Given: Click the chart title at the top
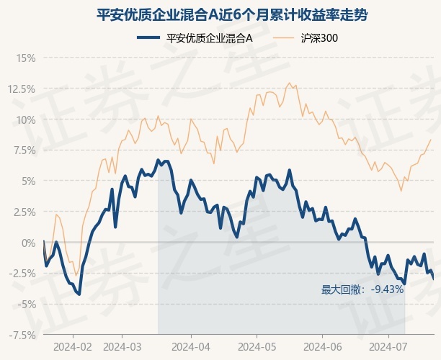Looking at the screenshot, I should tap(220, 14).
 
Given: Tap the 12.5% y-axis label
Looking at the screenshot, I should tap(22, 89).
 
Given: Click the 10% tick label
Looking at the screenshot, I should tap(26, 120).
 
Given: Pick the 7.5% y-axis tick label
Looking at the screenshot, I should tap(24, 150).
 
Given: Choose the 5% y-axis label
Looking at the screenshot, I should tap(28, 181).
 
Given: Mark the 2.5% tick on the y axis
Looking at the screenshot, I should tap(24, 212).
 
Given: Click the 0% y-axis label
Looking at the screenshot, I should tap(28, 243).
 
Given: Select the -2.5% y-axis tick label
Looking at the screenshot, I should tap(22, 274).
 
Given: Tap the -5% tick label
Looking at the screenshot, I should tap(26, 305).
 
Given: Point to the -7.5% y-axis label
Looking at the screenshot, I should tap(22, 336).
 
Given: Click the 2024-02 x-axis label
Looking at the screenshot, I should tap(73, 346).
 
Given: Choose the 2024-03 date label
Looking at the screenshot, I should tap(122, 346).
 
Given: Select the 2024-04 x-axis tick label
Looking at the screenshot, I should tap(191, 346).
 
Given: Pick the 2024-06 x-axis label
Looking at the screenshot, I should tap(323, 346).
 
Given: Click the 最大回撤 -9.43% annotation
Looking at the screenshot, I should tap(362, 290).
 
